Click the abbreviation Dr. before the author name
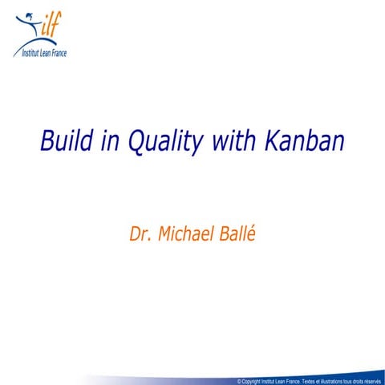141,235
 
